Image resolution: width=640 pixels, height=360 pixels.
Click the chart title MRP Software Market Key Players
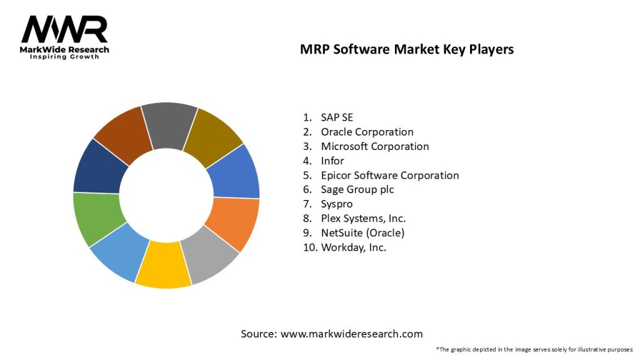click(x=407, y=49)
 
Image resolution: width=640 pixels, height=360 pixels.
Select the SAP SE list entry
click(x=337, y=117)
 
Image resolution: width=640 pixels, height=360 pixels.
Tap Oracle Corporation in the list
click(x=367, y=132)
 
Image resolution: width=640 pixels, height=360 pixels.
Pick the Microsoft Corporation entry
click(x=374, y=146)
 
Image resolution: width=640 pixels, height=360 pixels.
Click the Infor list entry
click(x=332, y=161)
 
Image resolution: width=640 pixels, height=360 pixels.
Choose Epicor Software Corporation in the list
click(x=389, y=175)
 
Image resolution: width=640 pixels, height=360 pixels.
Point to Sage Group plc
click(x=357, y=189)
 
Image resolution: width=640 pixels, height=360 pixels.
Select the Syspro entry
click(x=337, y=204)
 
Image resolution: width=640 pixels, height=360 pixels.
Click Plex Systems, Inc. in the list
click(x=363, y=218)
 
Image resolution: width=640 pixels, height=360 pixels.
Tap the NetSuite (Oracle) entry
click(x=362, y=232)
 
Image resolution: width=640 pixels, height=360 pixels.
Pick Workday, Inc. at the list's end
click(x=353, y=247)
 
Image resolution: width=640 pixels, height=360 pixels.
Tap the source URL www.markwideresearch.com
click(x=352, y=334)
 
